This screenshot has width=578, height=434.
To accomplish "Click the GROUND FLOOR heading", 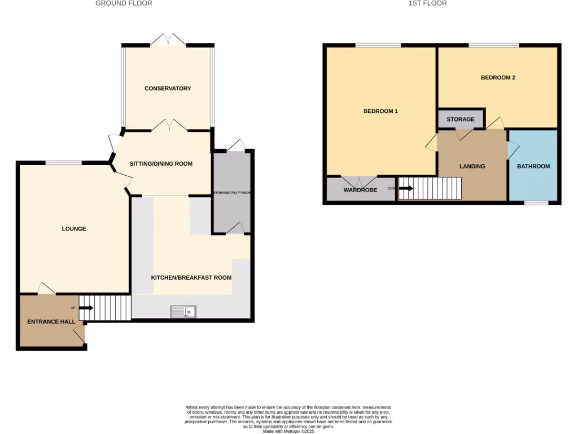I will pos(124,3).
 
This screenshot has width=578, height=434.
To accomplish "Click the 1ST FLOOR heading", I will pos(427,3).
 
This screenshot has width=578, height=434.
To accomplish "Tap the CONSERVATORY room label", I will pos(168,89).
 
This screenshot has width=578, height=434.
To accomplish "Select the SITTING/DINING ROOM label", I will pos(161,164).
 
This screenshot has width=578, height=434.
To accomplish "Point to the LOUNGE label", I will pos(74,229).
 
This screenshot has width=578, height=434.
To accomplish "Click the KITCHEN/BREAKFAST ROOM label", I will pos(191,277).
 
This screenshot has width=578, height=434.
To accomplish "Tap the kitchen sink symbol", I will pos(183,311).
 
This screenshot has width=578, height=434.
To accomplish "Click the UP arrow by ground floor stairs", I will pos(86,308).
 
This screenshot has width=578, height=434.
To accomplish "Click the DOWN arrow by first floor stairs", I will pos(406,188).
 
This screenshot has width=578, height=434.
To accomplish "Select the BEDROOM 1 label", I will pos(380,111).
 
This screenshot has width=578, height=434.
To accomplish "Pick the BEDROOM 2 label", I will pos(498,78).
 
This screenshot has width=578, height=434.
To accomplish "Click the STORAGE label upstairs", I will pos(461,120).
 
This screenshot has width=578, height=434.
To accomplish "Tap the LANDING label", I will pos(472,166).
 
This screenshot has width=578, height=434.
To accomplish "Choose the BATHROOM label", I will pos(533,166).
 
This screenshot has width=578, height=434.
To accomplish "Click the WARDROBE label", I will pos(360,190).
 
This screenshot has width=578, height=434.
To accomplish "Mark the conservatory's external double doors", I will pos(168,41).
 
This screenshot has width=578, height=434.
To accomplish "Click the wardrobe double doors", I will pos(360,182).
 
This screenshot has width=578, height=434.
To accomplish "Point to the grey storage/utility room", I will pos(231,192).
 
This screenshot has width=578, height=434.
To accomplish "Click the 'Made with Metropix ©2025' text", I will pos(288,431).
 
